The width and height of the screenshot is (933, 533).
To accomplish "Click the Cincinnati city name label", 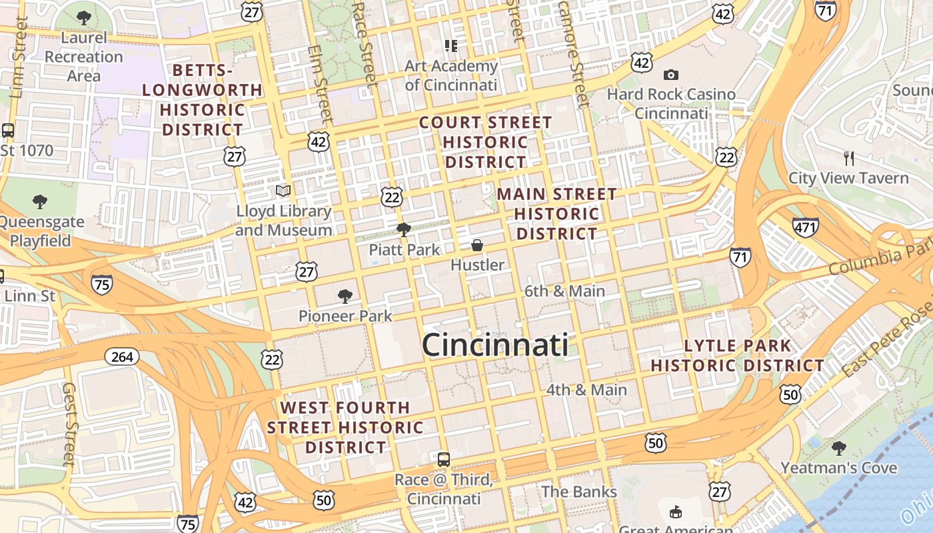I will point(495,345).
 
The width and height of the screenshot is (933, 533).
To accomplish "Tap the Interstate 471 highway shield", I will point(805,227).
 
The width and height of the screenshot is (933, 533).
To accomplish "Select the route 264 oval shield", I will point(122,357).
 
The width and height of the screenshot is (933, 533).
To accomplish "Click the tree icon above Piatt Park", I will point(403,230).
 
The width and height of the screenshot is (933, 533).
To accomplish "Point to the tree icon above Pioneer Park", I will point(345,296).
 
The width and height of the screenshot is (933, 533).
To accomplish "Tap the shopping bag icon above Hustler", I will point(477,245).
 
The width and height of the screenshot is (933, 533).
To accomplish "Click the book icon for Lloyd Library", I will point(283,191).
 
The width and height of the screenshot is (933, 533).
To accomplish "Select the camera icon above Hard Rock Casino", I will point(670,75).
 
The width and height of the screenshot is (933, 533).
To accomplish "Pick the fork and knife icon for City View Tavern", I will point(848,159).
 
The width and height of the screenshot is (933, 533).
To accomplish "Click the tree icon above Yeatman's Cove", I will point(838,448).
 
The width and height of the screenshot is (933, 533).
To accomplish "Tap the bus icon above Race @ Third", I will point(443,459).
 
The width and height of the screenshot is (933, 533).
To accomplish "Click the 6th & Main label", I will point(564,291).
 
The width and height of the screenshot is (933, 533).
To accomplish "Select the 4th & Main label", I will point(586,390).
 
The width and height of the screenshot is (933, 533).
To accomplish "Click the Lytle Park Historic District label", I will point(737,356).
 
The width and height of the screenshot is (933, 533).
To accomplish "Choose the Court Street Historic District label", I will point(485,143).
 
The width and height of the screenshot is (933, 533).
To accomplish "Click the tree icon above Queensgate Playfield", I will point(40,201).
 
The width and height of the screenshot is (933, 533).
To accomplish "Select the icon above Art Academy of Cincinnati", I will point(451,46).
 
